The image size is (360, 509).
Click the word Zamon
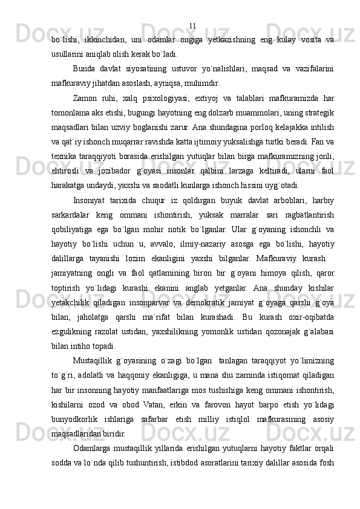(x=86, y=98)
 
